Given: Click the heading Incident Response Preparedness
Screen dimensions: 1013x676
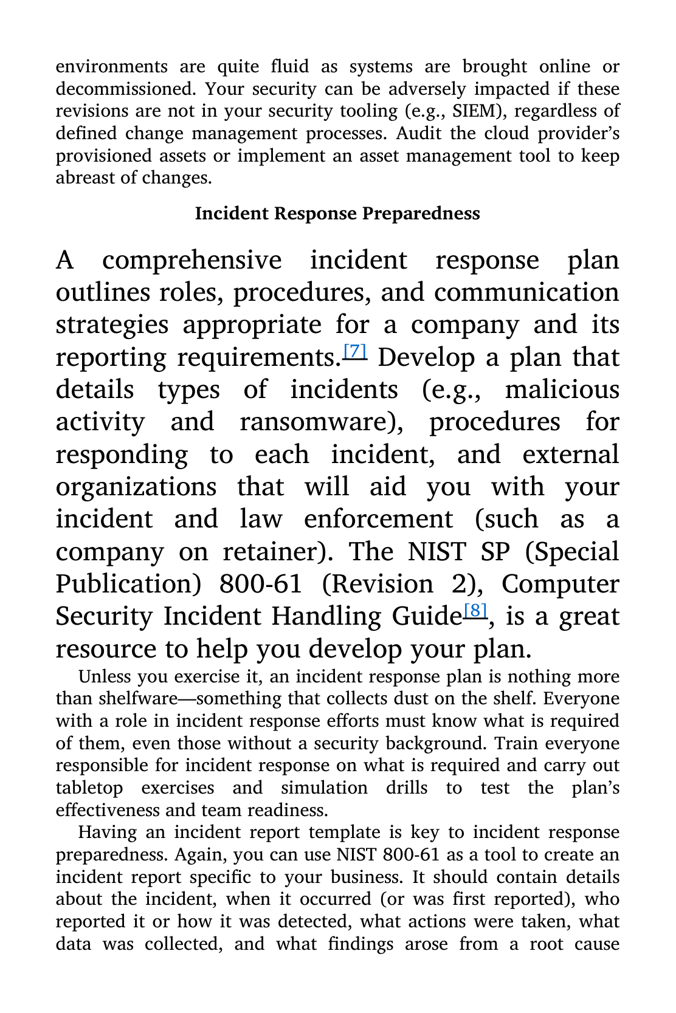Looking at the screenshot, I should click(x=337, y=213).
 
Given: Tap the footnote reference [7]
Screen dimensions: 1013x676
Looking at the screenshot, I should click(x=355, y=351).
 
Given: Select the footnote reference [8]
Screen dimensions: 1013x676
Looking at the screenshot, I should click(x=475, y=610).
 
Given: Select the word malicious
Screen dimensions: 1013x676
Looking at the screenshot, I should click(x=562, y=390).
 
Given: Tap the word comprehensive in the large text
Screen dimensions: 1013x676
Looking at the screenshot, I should click(x=191, y=260).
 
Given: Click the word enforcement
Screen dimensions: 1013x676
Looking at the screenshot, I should click(x=378, y=519).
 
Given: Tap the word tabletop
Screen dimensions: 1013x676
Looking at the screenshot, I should click(x=89, y=788).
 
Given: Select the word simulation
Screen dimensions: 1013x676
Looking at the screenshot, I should click(x=324, y=788).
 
